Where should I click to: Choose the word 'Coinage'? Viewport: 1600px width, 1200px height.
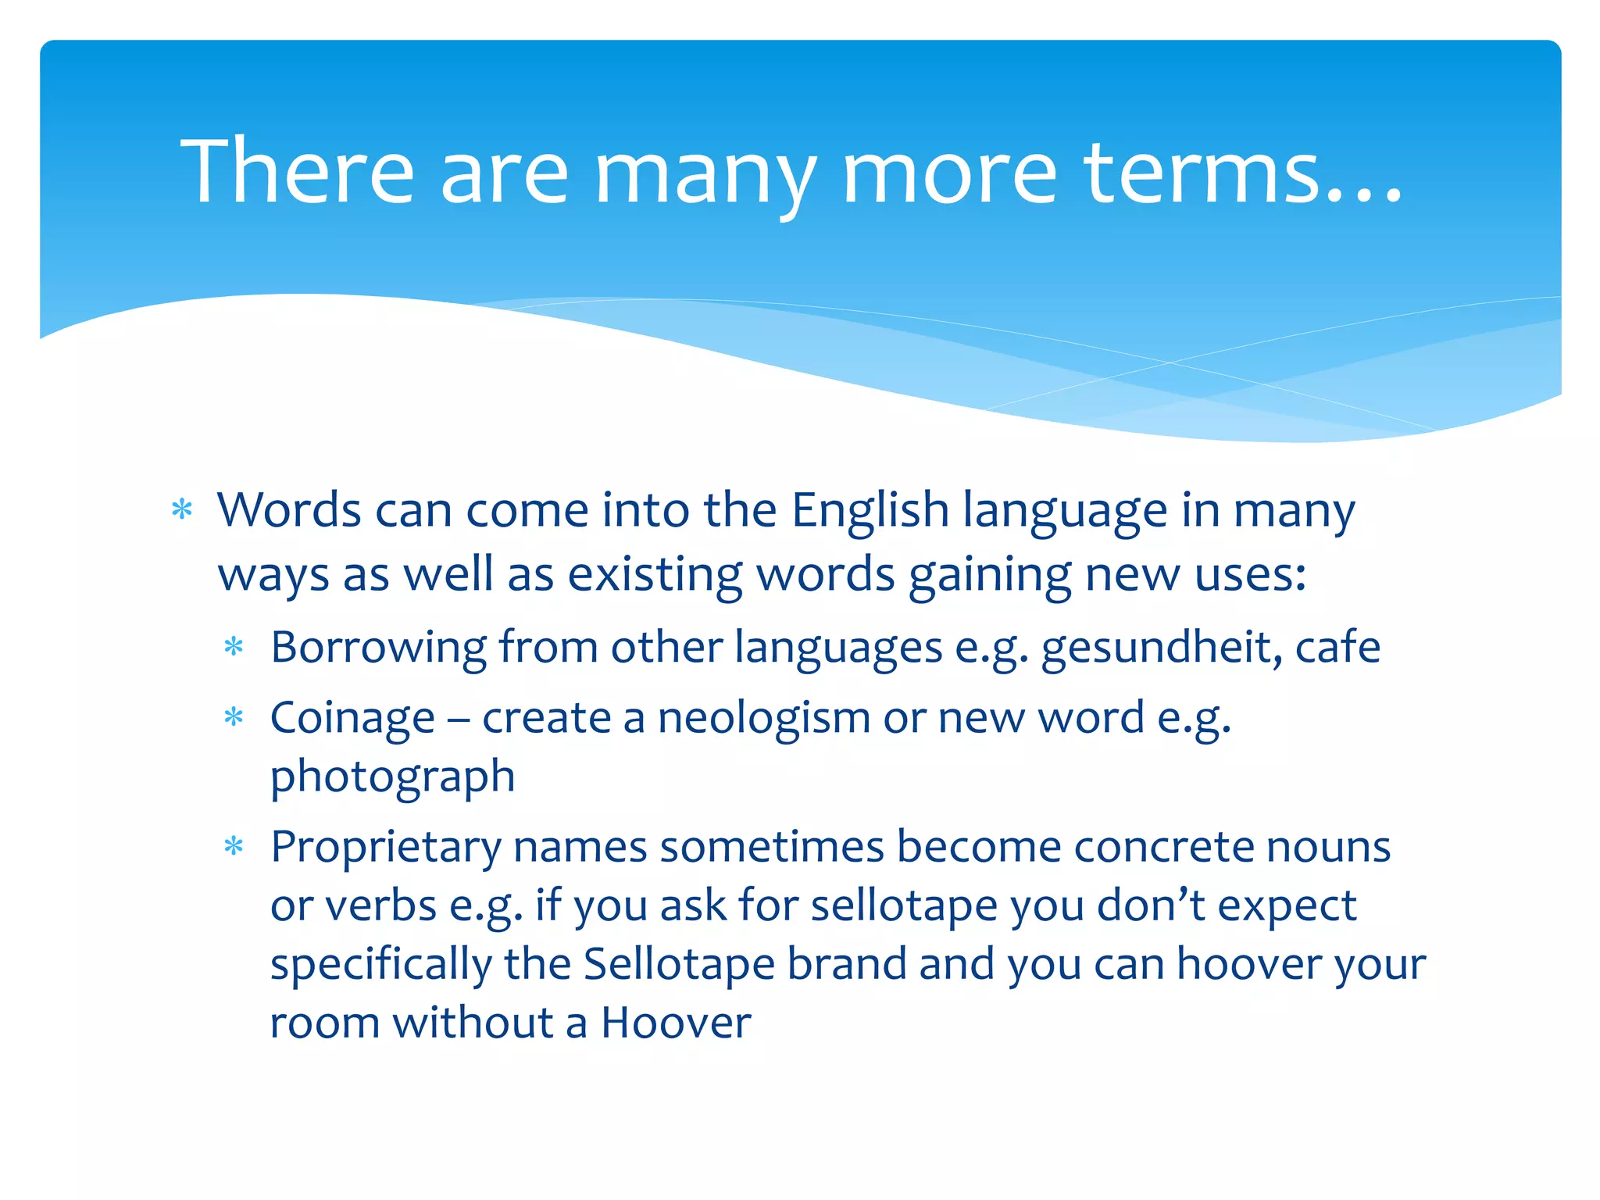pos(352,718)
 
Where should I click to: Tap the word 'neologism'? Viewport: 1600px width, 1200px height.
pos(763,718)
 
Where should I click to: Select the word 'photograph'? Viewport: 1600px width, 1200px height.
pos(392,777)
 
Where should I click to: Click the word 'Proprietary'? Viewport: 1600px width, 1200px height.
pos(385,847)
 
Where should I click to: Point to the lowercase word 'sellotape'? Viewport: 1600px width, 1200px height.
pos(904,905)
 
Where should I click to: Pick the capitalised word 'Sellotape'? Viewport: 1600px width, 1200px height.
pos(679,964)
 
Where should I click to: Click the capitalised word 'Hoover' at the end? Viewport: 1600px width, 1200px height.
pos(676,1023)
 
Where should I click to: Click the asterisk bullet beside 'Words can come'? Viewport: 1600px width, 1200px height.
pos(182,510)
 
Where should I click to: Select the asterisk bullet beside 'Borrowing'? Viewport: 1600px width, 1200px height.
pos(234,647)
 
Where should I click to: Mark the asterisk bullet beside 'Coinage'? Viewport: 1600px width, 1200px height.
pos(234,717)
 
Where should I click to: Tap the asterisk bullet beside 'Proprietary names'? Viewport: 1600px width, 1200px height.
pos(234,846)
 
